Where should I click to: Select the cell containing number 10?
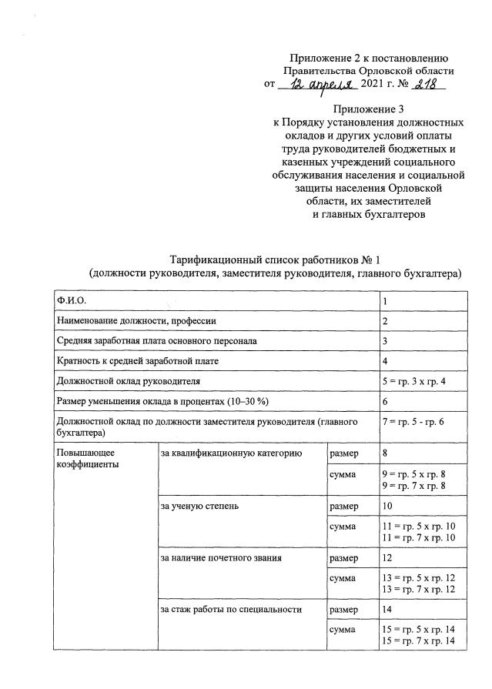388,507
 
